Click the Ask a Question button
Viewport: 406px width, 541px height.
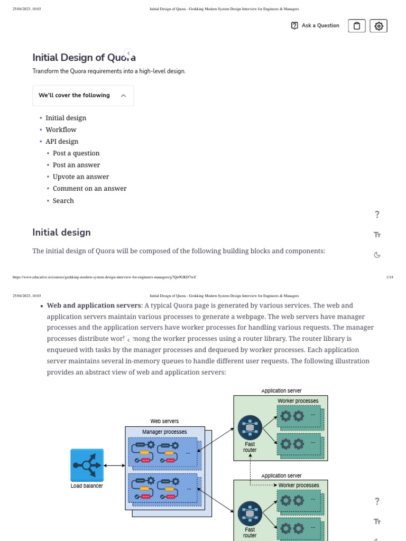(x=316, y=25)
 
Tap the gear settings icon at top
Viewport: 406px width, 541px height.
(x=379, y=25)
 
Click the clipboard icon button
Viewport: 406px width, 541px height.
(x=357, y=25)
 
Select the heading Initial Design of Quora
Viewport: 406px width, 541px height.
(x=84, y=57)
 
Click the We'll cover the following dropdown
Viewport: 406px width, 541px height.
(x=83, y=96)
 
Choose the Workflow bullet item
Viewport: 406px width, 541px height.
(x=61, y=129)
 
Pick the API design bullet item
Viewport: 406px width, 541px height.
(x=62, y=141)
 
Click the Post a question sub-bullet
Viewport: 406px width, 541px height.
(x=76, y=153)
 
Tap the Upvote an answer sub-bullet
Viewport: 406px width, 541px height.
(x=81, y=176)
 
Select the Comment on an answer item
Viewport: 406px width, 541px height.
(x=90, y=188)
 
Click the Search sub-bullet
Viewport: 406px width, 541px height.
(x=63, y=201)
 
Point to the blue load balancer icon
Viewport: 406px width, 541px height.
(x=87, y=465)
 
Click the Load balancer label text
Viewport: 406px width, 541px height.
(x=87, y=486)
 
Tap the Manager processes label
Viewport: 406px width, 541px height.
(x=164, y=432)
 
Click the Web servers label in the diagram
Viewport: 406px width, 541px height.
(x=164, y=421)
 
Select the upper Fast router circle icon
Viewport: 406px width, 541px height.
(x=250, y=428)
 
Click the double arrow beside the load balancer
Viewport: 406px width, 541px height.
(x=114, y=465)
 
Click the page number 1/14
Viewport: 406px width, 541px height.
(x=390, y=277)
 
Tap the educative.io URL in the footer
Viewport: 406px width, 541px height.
(x=104, y=277)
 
